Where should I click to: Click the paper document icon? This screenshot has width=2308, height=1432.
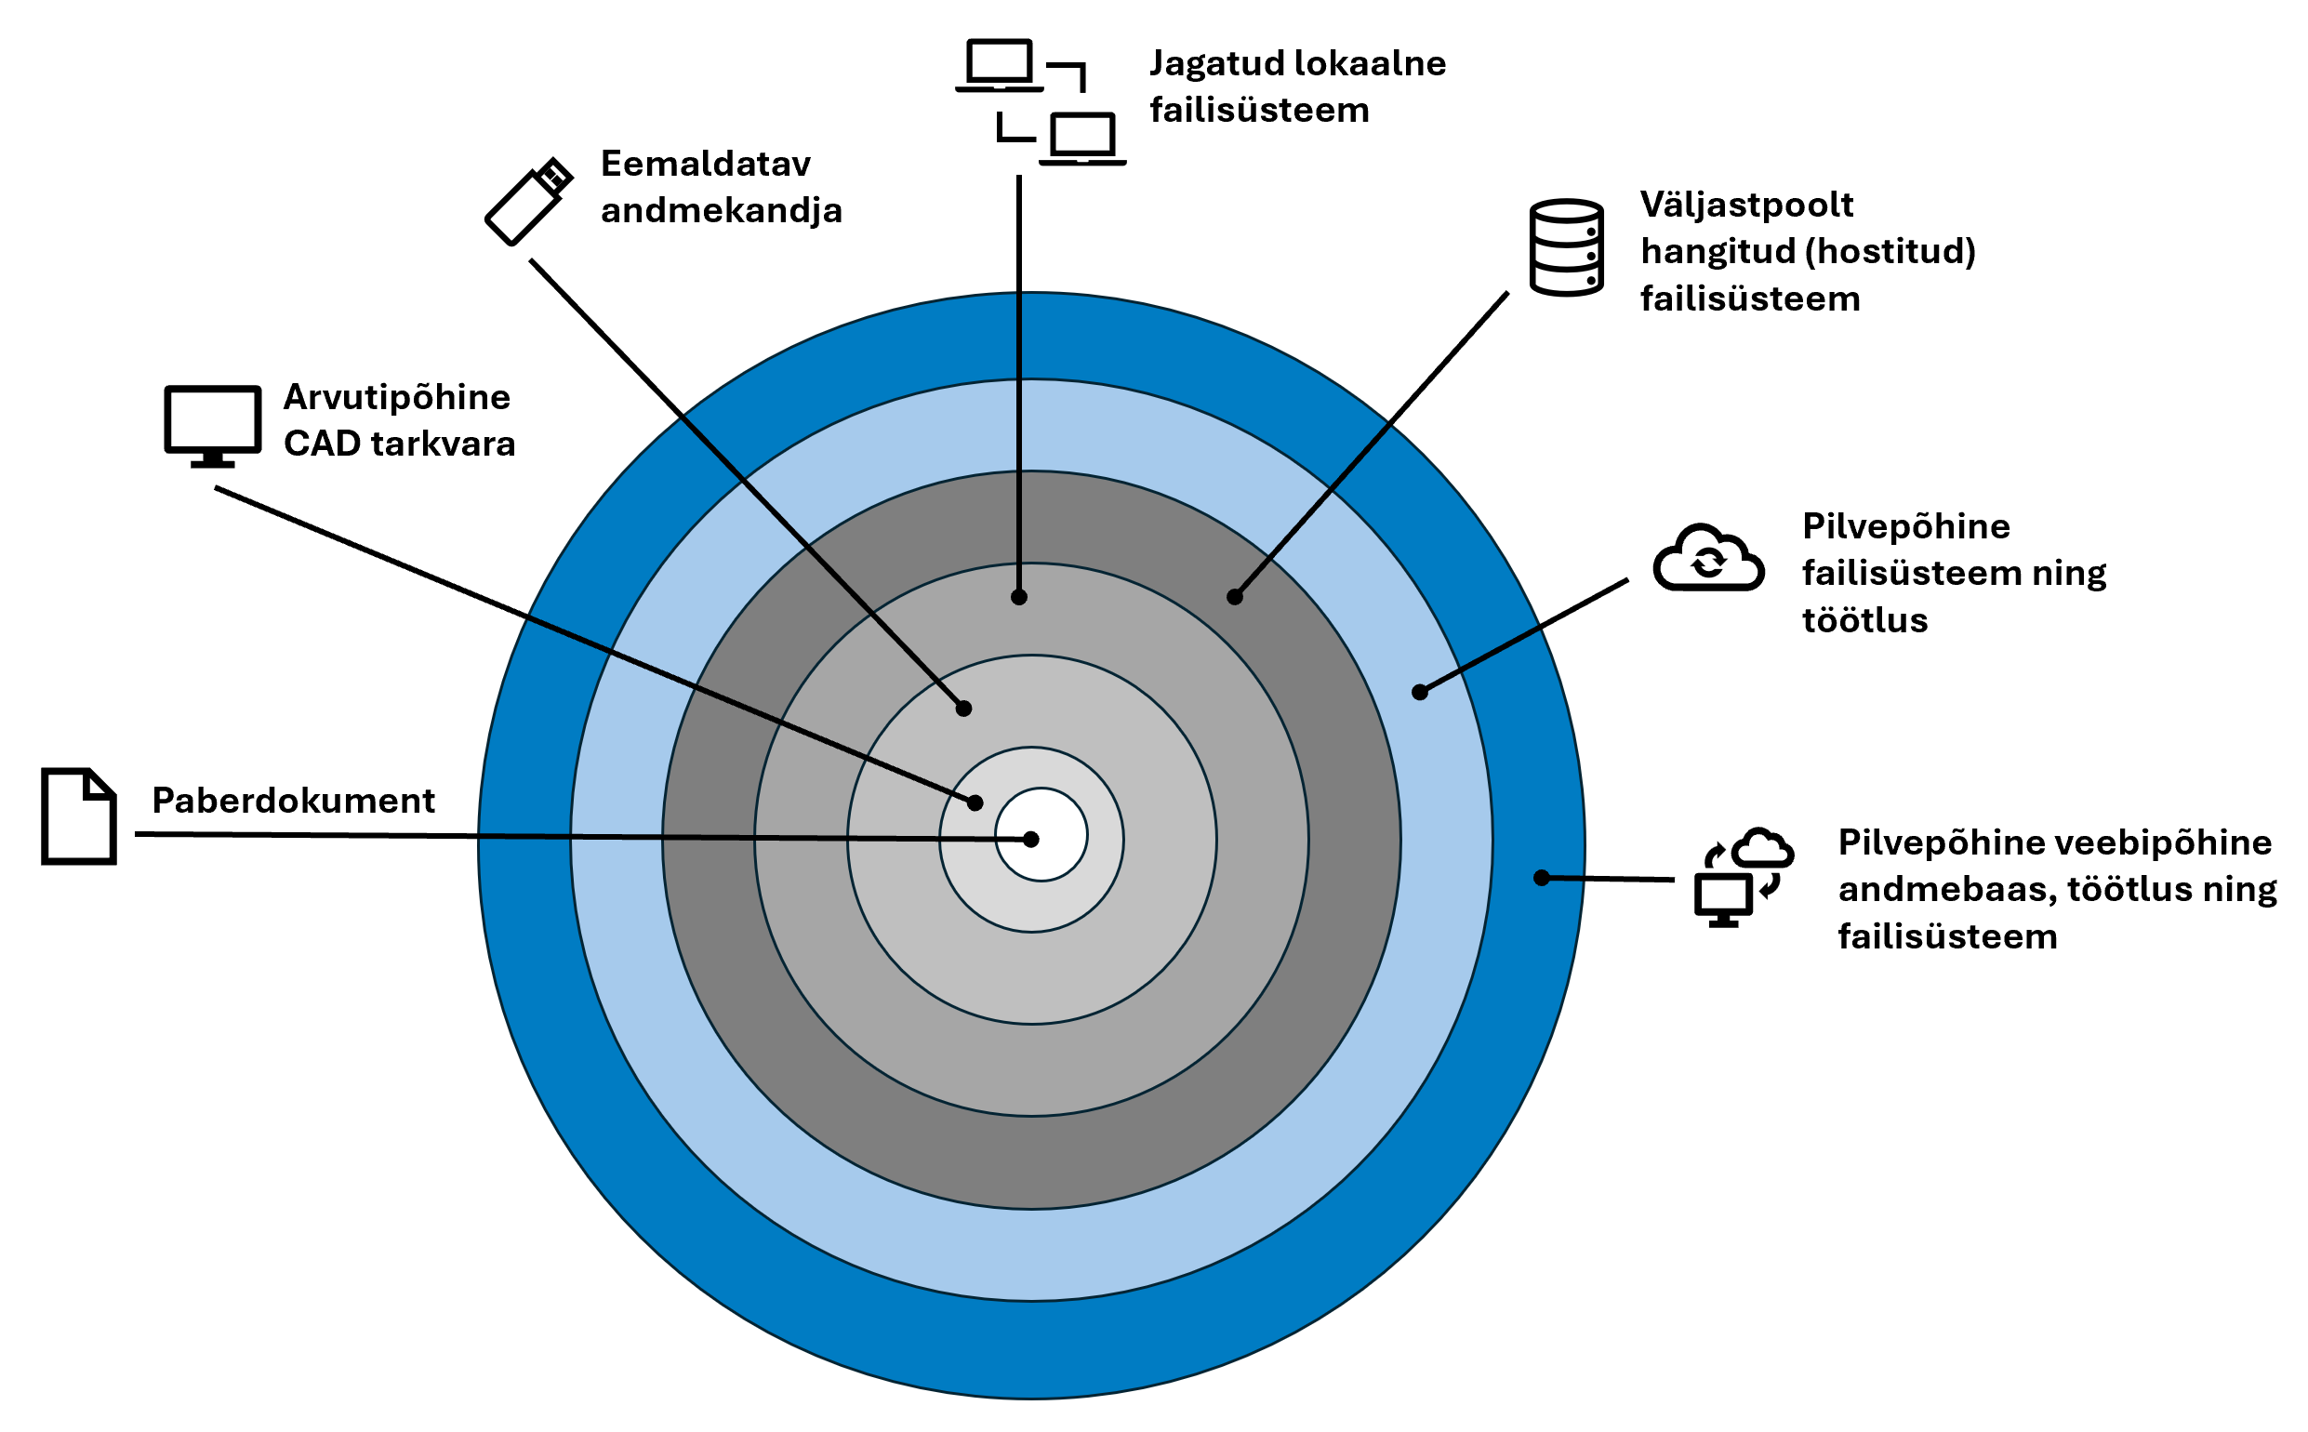tap(79, 816)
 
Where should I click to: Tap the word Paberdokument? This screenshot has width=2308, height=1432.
tap(293, 802)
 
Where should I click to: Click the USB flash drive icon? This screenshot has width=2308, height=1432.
tap(527, 202)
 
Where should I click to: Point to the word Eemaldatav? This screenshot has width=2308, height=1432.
tap(706, 164)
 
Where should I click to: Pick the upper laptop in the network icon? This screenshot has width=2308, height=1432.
tap(998, 65)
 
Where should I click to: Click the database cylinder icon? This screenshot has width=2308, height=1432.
tap(1567, 247)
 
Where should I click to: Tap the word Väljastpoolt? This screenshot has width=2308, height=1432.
tap(1746, 205)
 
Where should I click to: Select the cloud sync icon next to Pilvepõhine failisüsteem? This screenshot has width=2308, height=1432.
tap(1707, 559)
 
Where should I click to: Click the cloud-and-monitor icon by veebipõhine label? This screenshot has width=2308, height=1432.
tap(1741, 876)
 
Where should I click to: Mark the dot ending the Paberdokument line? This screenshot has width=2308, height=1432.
tap(1031, 839)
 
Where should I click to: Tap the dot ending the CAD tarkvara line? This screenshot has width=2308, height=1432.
tap(975, 803)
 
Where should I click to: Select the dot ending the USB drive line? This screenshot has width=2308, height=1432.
tap(964, 709)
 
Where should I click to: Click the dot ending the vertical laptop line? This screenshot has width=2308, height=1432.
tap(1019, 598)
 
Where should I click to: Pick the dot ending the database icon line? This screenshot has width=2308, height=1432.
tap(1235, 598)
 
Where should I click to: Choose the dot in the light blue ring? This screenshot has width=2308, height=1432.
tap(1420, 694)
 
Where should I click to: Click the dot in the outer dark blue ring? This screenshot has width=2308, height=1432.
tap(1542, 878)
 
